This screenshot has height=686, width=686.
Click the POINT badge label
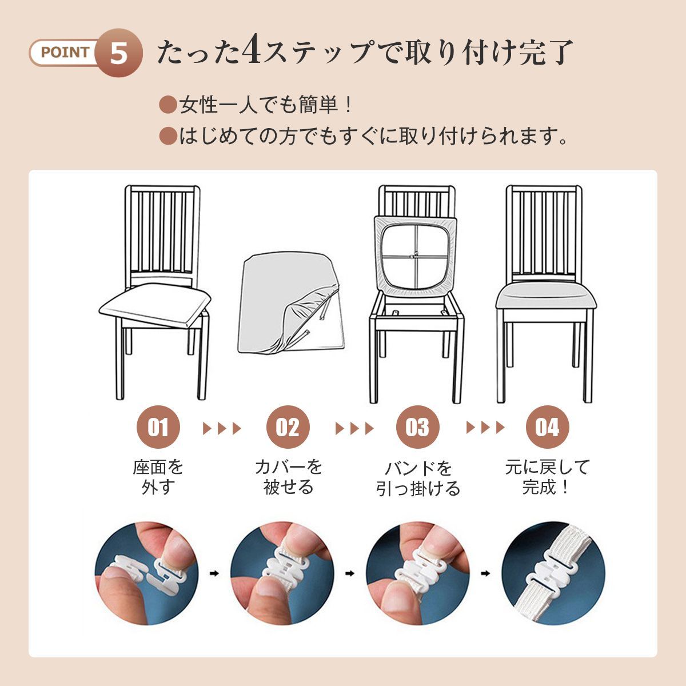pos(65,53)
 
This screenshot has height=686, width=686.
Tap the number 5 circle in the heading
pos(119,53)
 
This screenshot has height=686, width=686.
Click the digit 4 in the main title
pos(253,50)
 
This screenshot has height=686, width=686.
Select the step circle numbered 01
pos(158,427)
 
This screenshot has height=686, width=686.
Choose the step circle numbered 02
pos(288,427)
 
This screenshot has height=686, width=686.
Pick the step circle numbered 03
pos(417,427)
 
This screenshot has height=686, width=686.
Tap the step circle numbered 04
pos(547,427)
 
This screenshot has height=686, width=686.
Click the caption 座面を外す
pos(158,477)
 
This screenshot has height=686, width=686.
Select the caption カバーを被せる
pos(288,477)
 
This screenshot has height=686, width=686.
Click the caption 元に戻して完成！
pos(548,477)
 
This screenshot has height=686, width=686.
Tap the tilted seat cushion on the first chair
pos(155,305)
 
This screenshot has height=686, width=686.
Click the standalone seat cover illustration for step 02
pos(291,302)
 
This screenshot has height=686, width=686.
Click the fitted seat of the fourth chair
pos(547,297)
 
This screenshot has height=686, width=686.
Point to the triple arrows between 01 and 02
pos(222,428)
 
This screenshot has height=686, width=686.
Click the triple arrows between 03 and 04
pos(485,428)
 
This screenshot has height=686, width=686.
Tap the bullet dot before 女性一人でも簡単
pos(168,105)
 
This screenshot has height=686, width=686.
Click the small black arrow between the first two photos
pos(215,573)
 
